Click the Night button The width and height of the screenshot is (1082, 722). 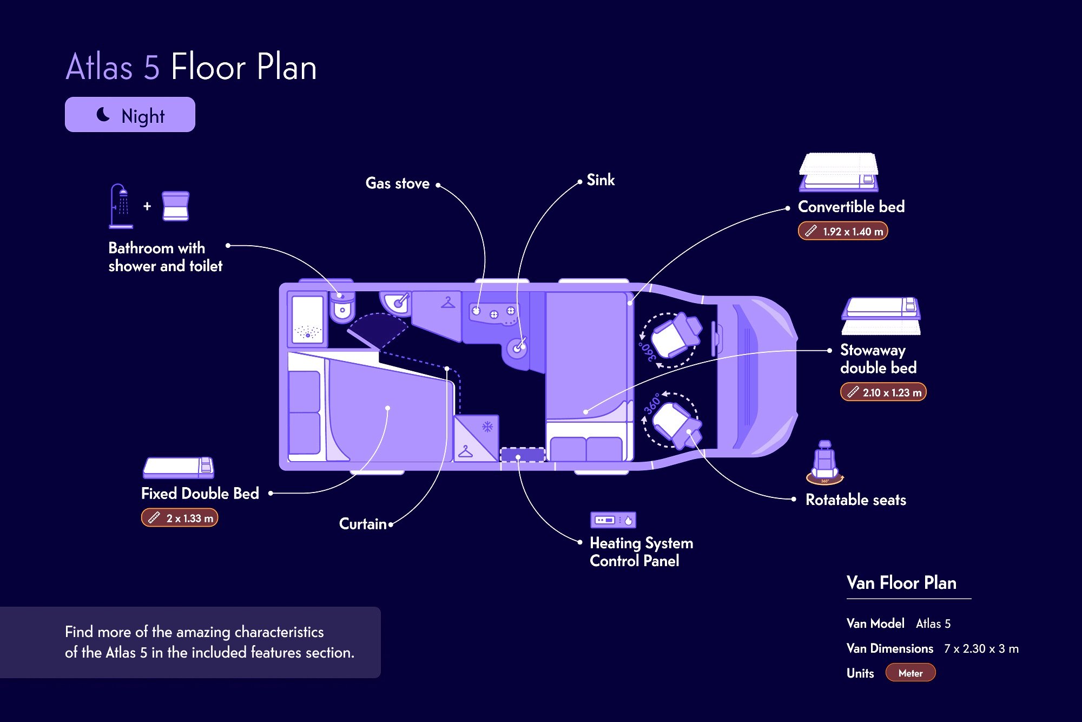coord(130,115)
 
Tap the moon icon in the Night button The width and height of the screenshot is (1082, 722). coord(103,114)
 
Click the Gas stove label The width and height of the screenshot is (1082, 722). coord(397,183)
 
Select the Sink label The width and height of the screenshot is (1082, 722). coord(601,180)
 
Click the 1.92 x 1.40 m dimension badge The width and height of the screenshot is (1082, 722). coord(843,231)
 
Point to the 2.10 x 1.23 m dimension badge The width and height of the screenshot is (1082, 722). coord(883,392)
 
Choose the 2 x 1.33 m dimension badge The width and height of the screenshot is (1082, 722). coord(180,518)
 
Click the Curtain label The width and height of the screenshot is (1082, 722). coord(362,524)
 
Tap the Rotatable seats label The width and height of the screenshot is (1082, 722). coord(855,500)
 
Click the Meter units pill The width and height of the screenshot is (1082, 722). coord(910,673)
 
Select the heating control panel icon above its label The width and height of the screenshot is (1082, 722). coord(613,520)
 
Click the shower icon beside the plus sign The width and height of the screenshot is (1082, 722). coord(120,206)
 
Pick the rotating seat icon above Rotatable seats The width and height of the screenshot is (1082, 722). coord(824,463)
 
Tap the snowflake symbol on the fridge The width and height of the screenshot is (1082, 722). coord(487,427)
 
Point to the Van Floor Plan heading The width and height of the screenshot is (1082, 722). coord(901,583)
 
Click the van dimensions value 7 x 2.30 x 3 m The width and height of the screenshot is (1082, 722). coord(981,648)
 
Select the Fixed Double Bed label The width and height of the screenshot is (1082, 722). coord(200,494)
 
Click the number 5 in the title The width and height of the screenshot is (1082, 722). coord(151,67)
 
